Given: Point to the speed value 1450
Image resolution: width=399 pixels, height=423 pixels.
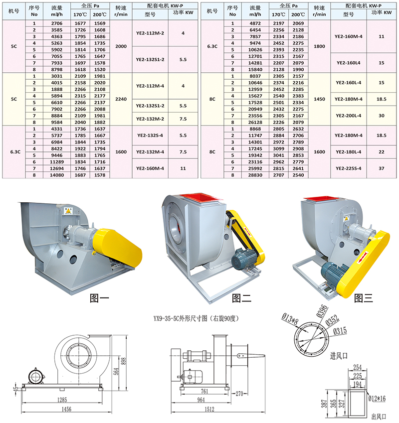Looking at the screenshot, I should [x=319, y=99].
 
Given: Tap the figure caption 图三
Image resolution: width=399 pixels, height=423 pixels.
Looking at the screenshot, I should [x=364, y=298].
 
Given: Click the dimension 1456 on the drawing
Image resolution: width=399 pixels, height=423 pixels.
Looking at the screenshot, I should [x=63, y=410].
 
